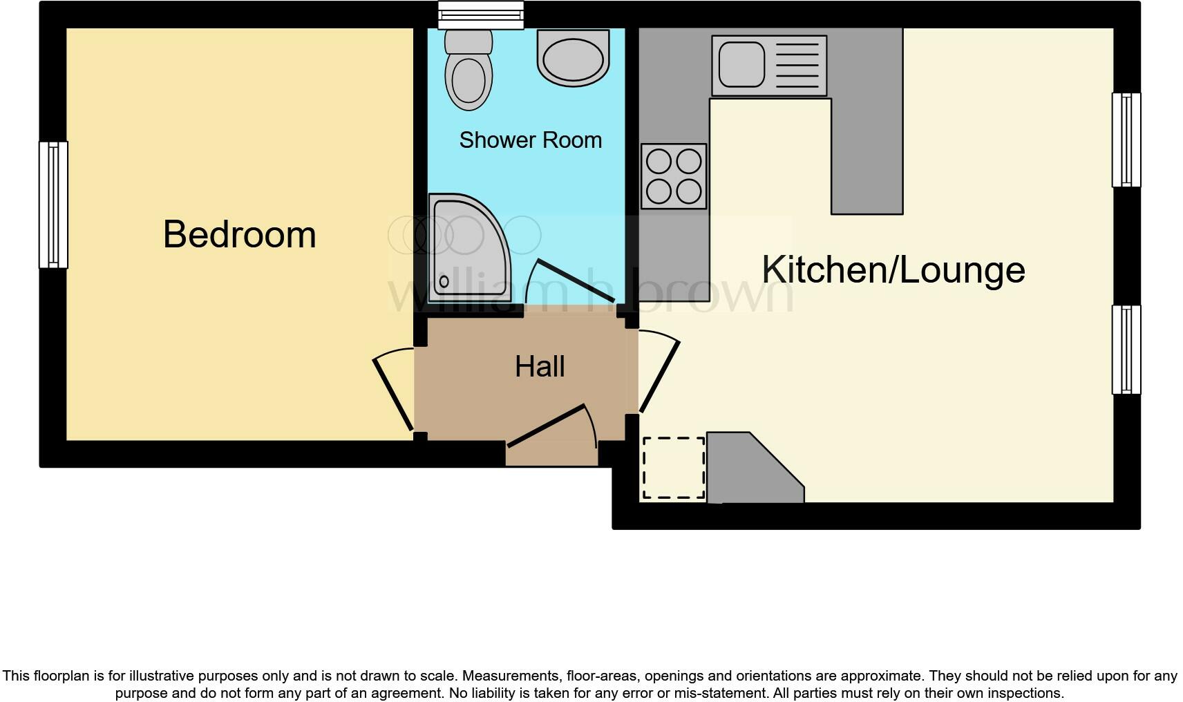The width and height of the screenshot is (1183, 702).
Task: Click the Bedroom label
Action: (x=239, y=235)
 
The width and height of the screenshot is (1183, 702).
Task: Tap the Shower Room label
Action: (x=530, y=140)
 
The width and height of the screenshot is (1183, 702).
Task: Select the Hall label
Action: (x=540, y=366)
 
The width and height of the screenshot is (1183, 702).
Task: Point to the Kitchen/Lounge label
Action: (x=893, y=269)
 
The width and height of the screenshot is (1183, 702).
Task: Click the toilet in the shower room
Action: (x=469, y=72)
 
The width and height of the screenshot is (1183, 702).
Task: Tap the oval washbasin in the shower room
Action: (x=574, y=58)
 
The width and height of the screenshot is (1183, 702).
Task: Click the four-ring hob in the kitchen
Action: (x=674, y=176)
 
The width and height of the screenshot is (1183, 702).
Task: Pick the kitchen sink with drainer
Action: (x=769, y=66)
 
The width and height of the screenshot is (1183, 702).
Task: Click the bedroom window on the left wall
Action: (x=53, y=205)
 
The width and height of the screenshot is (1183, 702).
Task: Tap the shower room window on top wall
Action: (x=481, y=15)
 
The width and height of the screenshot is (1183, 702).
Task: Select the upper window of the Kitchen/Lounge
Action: (x=1126, y=140)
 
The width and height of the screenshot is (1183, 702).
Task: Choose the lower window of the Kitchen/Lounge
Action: (x=1126, y=350)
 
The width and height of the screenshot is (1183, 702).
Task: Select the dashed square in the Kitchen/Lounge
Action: (x=674, y=468)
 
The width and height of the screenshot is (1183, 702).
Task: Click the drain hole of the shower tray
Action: (x=444, y=282)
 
